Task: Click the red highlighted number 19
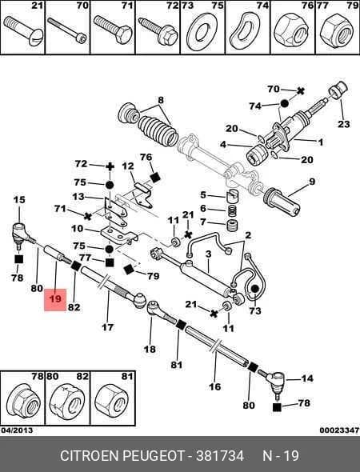(x=55, y=298)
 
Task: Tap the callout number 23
(x=344, y=124)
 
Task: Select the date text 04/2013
(x=17, y=430)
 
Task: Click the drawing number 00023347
(x=339, y=430)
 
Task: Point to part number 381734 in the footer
(x=220, y=456)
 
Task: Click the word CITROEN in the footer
(x=90, y=456)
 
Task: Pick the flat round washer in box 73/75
(x=202, y=31)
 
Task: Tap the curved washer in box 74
(x=245, y=31)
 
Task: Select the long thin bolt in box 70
(x=67, y=29)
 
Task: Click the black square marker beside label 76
(x=155, y=177)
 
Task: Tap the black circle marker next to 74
(x=284, y=103)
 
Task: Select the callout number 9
(x=311, y=182)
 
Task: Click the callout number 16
(x=214, y=386)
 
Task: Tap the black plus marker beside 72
(x=110, y=166)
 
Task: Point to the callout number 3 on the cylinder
(x=209, y=254)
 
